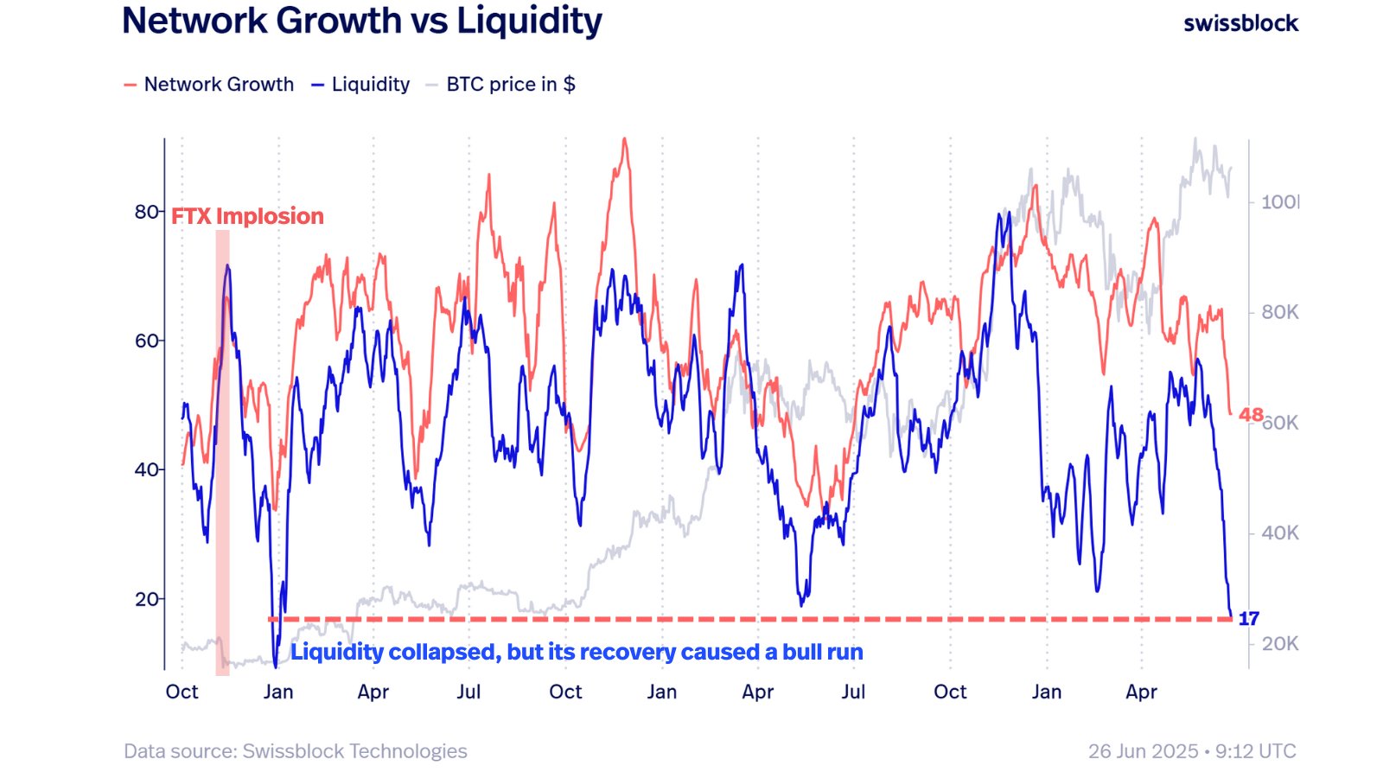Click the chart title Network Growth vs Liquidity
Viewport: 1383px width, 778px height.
pos(361,21)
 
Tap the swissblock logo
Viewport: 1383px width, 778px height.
pos(1240,23)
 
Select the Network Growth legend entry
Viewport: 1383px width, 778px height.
pos(209,85)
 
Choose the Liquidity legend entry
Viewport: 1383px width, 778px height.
pos(360,85)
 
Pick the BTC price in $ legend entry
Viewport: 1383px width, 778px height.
pos(500,85)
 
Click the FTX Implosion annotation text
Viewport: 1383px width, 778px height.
pos(247,216)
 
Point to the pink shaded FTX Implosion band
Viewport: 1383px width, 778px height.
pos(222,450)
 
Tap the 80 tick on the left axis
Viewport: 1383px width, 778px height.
pos(146,212)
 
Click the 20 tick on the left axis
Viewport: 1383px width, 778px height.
pos(146,599)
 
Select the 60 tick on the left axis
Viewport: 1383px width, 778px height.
pos(146,341)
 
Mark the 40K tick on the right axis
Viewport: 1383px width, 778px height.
pos(1279,533)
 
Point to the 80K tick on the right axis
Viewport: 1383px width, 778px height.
pos(1279,312)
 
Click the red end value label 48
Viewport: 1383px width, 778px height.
pos(1250,415)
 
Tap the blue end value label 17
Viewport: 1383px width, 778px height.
pos(1248,619)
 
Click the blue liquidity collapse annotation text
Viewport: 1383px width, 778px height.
pos(577,652)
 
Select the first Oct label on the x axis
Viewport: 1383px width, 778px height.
pos(182,692)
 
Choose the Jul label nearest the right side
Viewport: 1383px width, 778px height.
pos(853,692)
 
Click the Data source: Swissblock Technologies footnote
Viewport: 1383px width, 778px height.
pos(295,751)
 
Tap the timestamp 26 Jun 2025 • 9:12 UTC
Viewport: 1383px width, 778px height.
pos(1192,751)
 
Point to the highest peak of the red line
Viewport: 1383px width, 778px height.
pos(624,140)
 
